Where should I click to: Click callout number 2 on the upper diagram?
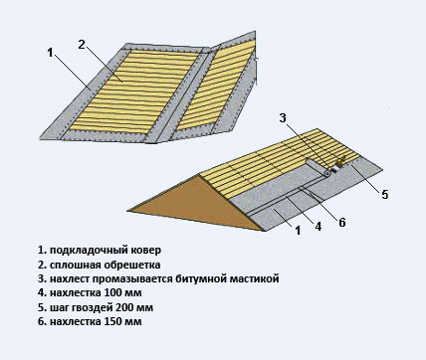(82, 44)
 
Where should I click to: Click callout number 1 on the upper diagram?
(50, 53)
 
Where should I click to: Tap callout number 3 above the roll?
(283, 117)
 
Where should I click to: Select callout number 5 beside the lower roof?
(384, 195)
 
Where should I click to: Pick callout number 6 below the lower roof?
(342, 222)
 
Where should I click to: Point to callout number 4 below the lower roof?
(319, 227)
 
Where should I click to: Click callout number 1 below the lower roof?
(298, 230)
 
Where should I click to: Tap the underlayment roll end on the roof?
(327, 173)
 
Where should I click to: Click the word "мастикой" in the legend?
(255, 279)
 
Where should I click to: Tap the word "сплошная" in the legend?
(76, 265)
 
